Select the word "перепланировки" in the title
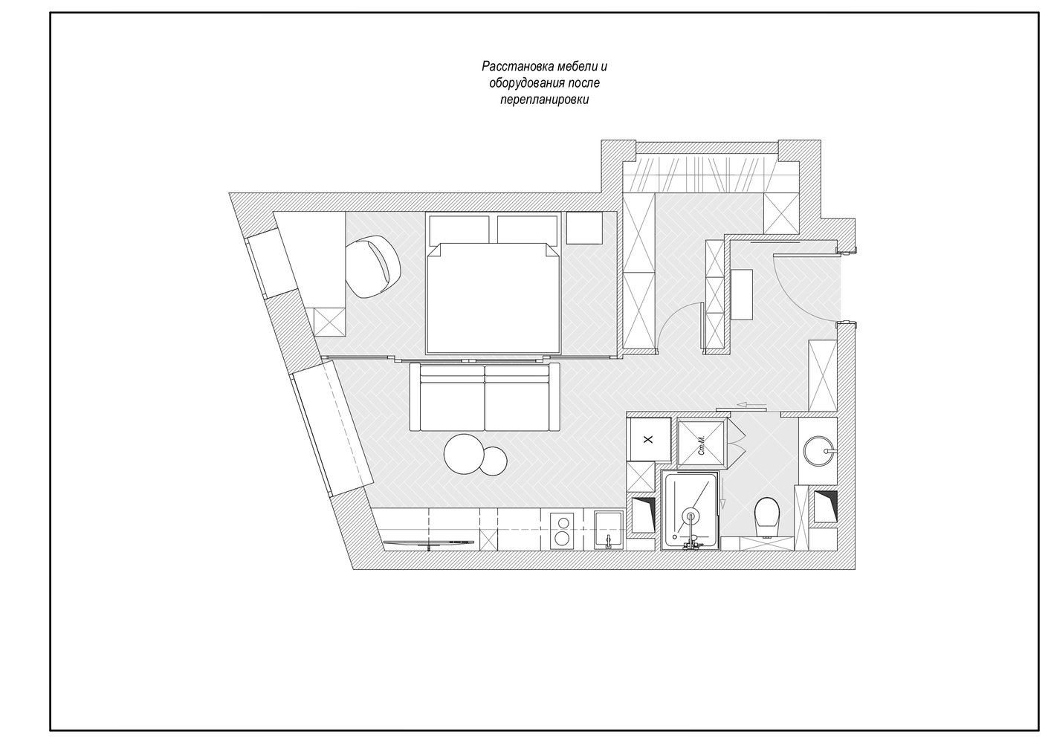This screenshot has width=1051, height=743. click(x=545, y=100)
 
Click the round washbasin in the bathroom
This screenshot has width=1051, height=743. click(x=819, y=451)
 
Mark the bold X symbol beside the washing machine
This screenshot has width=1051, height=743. click(x=648, y=440)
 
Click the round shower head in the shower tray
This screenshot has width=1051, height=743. click(x=691, y=516)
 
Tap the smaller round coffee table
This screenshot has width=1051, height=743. click(x=493, y=461)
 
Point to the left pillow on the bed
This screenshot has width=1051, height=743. click(x=459, y=230)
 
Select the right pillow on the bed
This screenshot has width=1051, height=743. click(x=527, y=230)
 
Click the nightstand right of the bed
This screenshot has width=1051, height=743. click(x=584, y=228)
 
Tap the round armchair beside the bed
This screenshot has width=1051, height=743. click(x=373, y=267)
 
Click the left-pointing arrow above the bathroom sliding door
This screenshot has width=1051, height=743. click(x=751, y=404)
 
